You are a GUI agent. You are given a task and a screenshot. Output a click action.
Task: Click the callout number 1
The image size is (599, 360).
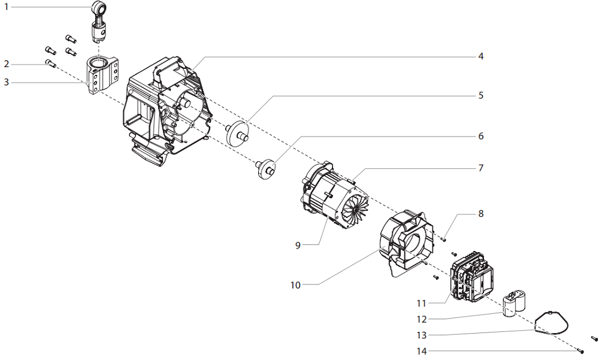[7, 7]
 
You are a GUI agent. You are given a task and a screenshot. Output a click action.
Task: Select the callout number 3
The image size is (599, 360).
[7, 82]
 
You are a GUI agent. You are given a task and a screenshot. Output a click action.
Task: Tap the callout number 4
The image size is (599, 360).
[480, 56]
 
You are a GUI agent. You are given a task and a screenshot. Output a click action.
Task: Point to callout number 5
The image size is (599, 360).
[480, 95]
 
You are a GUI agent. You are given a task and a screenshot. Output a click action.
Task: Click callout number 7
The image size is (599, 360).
[480, 168]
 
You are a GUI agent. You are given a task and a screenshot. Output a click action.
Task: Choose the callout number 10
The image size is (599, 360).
[295, 285]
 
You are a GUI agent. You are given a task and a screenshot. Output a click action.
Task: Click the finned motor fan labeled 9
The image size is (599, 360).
[353, 210]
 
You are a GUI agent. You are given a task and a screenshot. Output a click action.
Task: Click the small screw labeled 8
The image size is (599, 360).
[444, 238]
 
